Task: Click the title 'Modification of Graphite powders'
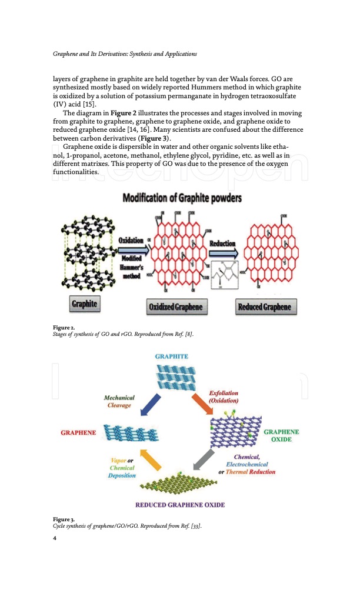tap(182, 198)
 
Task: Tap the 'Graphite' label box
tap(84, 304)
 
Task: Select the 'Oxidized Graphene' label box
tap(175, 307)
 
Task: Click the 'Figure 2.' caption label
tap(64, 327)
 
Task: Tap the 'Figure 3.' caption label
tap(64, 519)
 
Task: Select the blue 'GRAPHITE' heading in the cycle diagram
tap(172, 357)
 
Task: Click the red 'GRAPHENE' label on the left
tap(79, 433)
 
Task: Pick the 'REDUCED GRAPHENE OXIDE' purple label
tap(180, 505)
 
